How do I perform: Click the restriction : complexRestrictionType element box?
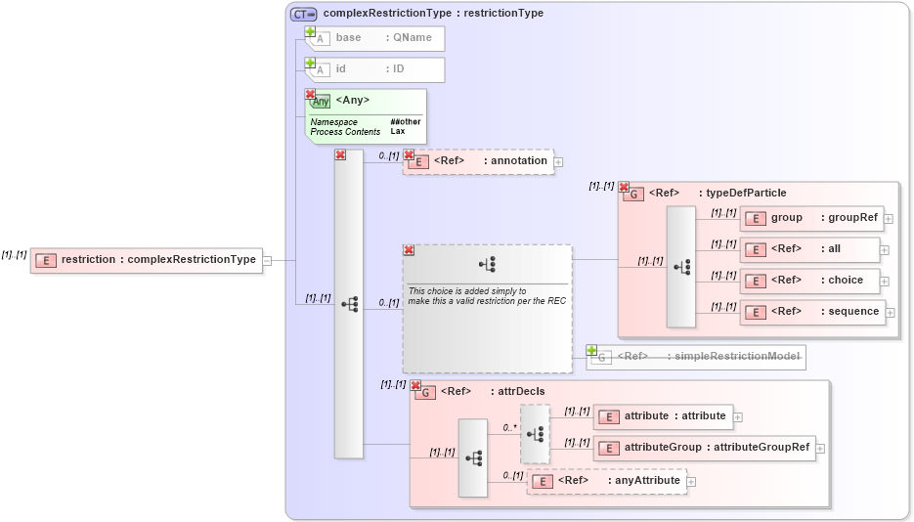click(147, 260)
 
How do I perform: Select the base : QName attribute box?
click(375, 38)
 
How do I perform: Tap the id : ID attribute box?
click(375, 69)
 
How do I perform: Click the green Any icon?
click(320, 101)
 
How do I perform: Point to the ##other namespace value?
click(406, 121)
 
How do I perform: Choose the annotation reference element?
click(479, 161)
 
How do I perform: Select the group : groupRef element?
click(811, 218)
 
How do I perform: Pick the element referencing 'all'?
click(809, 249)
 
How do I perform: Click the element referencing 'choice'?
click(809, 281)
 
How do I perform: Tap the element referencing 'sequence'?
click(812, 312)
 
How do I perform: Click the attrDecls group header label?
click(493, 392)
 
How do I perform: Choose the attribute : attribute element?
click(663, 416)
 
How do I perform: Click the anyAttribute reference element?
click(607, 481)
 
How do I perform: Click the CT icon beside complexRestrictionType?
click(303, 14)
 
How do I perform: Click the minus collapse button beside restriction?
click(267, 260)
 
